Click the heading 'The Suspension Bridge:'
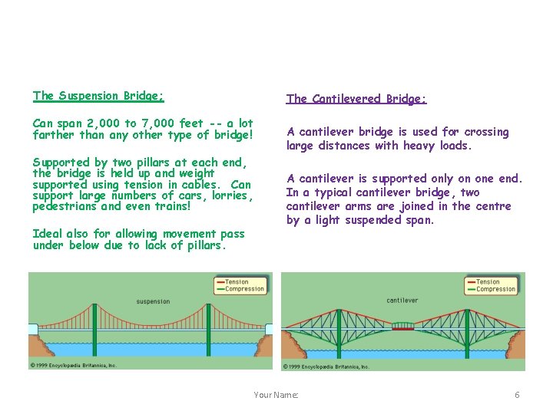(98, 96)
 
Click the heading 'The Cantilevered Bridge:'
(356, 99)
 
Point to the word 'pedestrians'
(65, 206)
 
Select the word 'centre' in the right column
(492, 206)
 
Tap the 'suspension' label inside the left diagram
(153, 301)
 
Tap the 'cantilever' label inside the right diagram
(402, 301)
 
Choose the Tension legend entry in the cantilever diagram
(488, 282)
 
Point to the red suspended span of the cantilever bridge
(403, 327)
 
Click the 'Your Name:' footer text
(276, 395)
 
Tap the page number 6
(517, 395)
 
